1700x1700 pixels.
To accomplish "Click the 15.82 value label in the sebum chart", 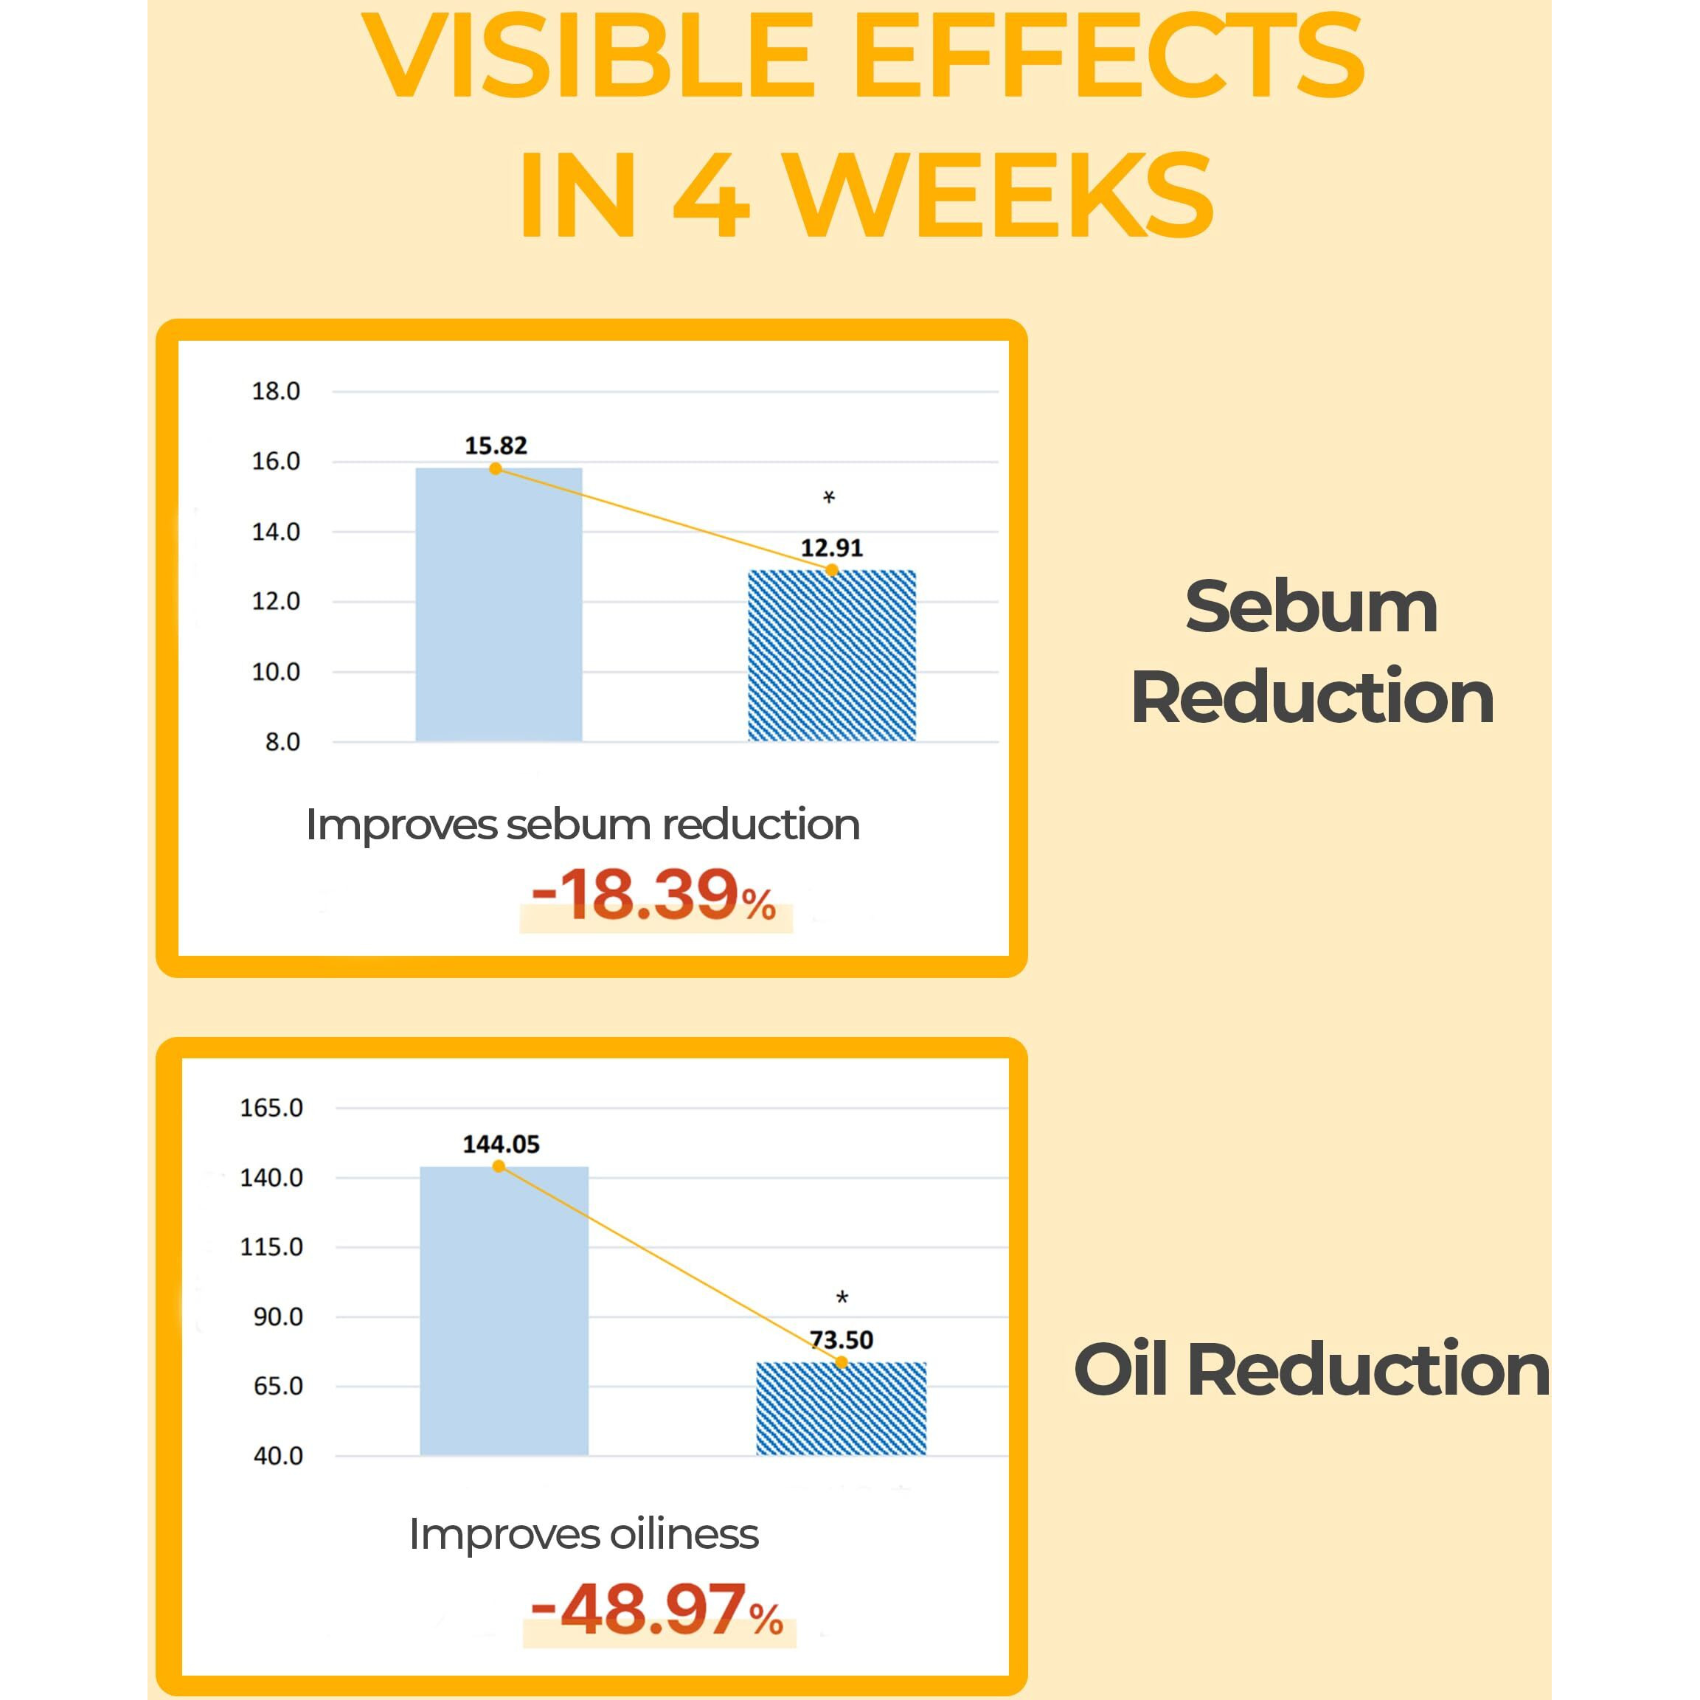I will (496, 445).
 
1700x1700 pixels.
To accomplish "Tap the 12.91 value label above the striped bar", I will (831, 548).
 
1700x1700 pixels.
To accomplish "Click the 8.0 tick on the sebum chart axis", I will (282, 742).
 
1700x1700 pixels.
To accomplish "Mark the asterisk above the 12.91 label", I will (829, 498).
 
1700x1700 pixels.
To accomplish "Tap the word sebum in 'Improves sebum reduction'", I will (579, 825).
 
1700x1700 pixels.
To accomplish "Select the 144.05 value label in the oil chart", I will (501, 1144).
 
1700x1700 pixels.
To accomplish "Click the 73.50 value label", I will (842, 1340).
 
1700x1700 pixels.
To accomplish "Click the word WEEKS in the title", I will (998, 195).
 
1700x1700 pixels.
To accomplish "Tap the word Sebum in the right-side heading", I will (1311, 607).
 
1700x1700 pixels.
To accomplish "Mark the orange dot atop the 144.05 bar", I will (499, 1167).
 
